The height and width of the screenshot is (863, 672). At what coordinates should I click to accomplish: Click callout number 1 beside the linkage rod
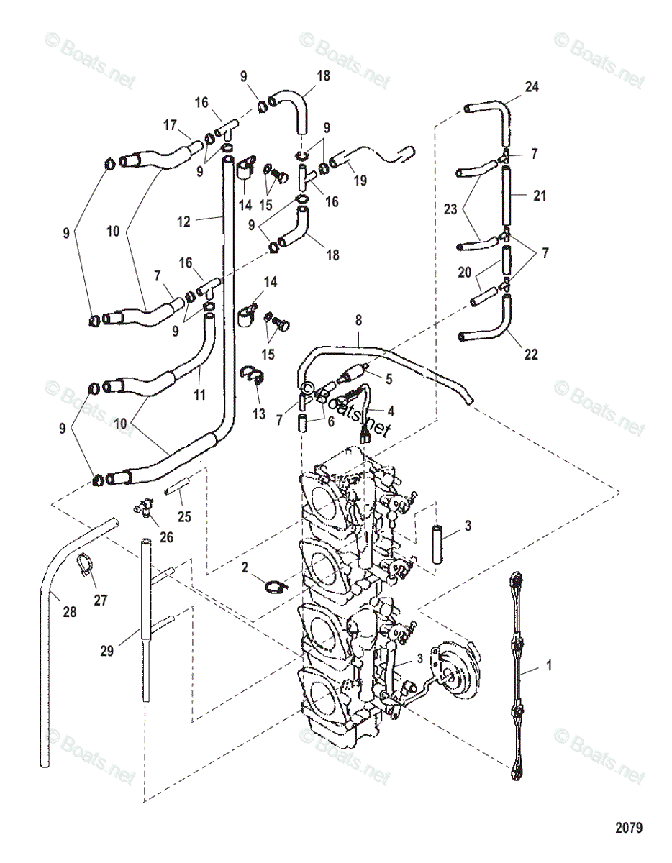click(x=549, y=667)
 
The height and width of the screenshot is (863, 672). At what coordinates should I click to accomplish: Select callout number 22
click(x=531, y=355)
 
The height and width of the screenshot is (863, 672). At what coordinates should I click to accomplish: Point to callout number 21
click(x=540, y=195)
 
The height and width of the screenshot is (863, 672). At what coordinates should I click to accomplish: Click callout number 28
click(x=69, y=612)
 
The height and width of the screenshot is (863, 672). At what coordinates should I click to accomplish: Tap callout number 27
click(x=100, y=600)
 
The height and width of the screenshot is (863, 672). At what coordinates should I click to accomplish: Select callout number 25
click(x=184, y=516)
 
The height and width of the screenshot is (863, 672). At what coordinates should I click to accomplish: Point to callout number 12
click(x=184, y=222)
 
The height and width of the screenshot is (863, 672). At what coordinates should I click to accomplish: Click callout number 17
click(x=170, y=124)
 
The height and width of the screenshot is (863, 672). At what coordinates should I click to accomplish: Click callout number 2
click(x=246, y=567)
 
